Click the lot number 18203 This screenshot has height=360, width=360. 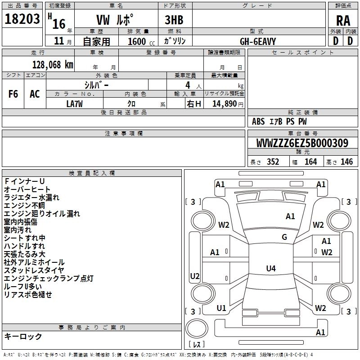[22, 19]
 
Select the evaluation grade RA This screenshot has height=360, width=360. [343, 21]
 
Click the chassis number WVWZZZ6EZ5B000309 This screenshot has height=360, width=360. [302, 144]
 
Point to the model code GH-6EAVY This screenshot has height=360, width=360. [258, 41]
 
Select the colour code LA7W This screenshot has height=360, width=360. [75, 103]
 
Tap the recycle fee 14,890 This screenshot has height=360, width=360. [225, 103]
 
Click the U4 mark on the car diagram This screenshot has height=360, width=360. [270, 269]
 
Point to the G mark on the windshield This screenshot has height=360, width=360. [284, 237]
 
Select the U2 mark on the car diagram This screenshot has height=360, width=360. [195, 276]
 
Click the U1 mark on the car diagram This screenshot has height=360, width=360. [221, 308]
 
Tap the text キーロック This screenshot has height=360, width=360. [23, 337]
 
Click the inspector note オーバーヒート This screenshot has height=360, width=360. [27, 189]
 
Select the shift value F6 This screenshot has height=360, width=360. [13, 94]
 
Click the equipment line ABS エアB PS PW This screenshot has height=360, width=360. [279, 121]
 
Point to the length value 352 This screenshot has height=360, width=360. [273, 162]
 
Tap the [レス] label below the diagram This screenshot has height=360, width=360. [197, 345]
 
